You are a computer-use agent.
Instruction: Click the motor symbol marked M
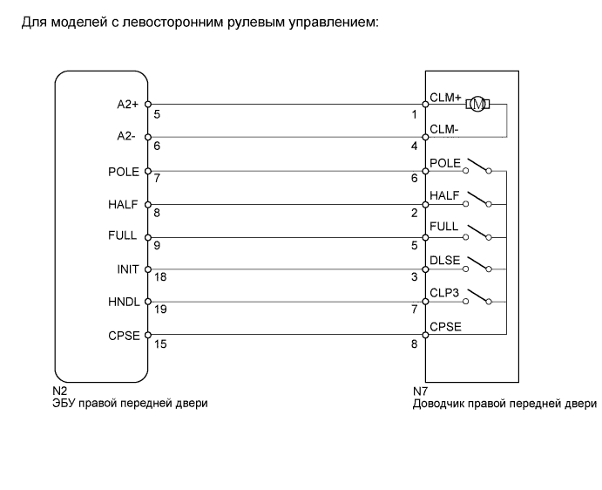tap(477, 105)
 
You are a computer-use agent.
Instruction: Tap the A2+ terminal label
tap(129, 104)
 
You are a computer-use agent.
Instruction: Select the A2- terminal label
tap(129, 137)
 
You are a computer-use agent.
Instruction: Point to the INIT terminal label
tap(128, 269)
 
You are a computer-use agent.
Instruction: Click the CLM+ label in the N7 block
tap(445, 98)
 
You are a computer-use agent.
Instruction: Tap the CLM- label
tap(444, 130)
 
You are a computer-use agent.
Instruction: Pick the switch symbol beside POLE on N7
tap(477, 166)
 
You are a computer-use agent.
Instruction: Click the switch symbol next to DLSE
tap(477, 264)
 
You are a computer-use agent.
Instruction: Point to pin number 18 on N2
tap(159, 277)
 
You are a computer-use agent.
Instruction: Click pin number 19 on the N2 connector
tap(159, 310)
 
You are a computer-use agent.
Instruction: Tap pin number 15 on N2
tap(159, 344)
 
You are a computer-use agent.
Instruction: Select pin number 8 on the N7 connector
tap(416, 344)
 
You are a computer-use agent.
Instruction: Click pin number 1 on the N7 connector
tap(416, 113)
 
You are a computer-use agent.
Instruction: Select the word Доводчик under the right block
tap(440, 404)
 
